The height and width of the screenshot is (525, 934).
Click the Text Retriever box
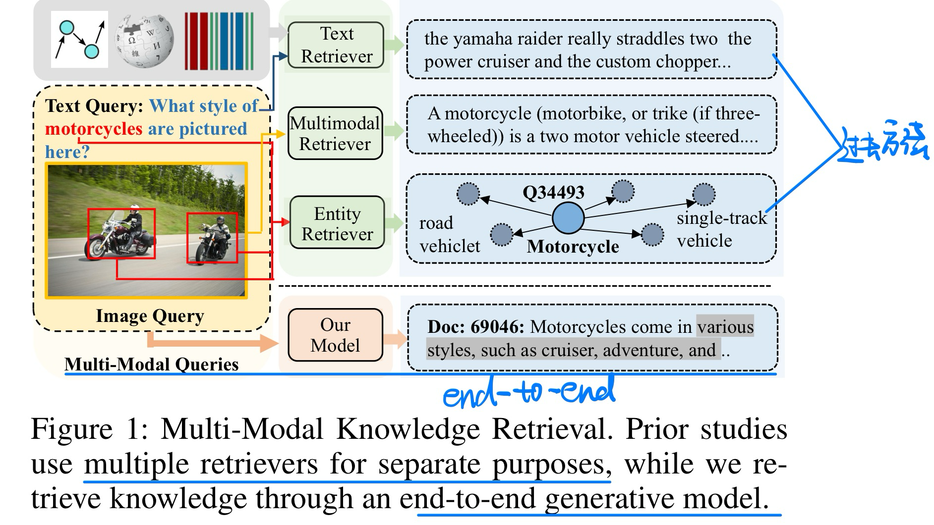point(336,45)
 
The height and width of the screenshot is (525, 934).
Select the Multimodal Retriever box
point(335,133)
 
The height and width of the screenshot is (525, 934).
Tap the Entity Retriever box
point(337,223)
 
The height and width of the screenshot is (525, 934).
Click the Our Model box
point(335,335)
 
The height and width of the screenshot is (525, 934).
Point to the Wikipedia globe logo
point(144,40)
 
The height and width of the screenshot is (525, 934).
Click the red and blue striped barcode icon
point(219,41)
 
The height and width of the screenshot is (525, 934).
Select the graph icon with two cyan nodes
point(79,40)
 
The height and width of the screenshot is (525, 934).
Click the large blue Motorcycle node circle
point(568,218)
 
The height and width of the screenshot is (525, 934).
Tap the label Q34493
point(553,192)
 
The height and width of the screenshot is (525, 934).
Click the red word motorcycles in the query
point(94,129)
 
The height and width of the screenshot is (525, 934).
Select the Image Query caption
point(150,315)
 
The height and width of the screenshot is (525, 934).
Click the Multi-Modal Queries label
point(151,364)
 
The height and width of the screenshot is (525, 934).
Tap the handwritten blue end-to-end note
point(528,391)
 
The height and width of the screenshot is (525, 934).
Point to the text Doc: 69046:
point(475,327)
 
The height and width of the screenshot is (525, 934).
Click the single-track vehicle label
point(721,229)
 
